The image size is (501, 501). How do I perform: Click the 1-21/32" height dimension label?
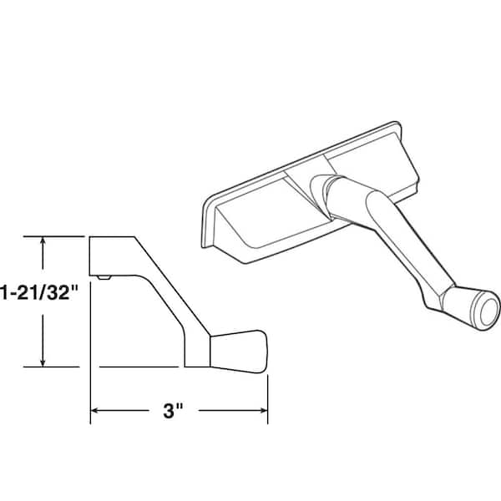[x=39, y=292]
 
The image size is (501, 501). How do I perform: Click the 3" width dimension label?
[x=173, y=411]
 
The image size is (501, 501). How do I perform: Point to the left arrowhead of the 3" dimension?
[x=94, y=411]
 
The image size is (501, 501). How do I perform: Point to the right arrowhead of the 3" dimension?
[x=264, y=411]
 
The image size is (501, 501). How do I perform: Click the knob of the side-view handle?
[x=238, y=352]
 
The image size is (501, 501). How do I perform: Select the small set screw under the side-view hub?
[x=104, y=277]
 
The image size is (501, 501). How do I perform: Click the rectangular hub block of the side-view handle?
[x=112, y=256]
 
